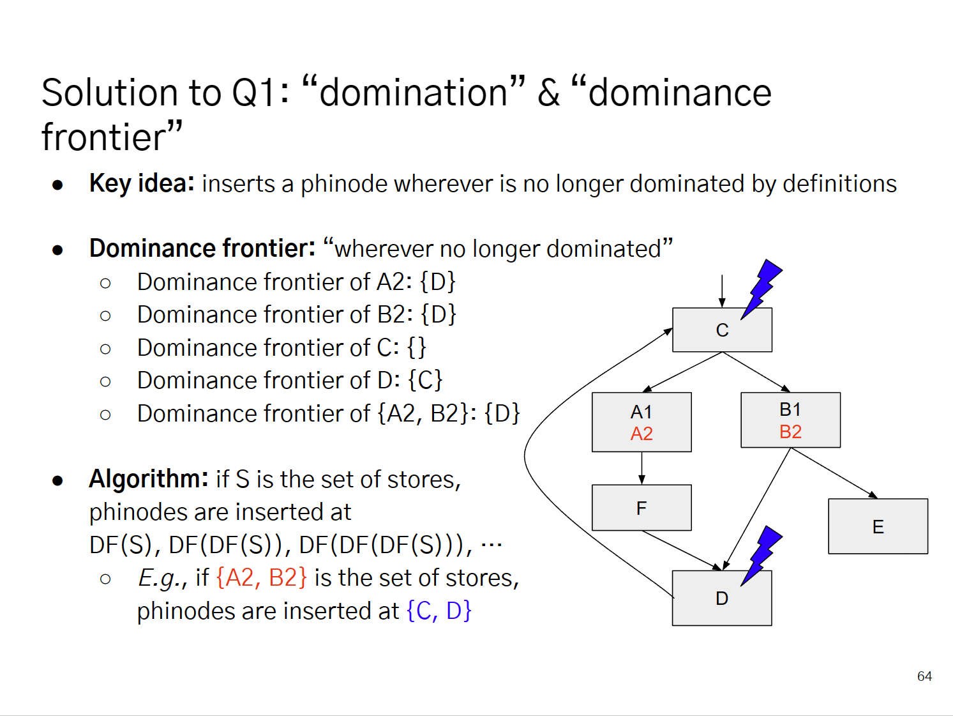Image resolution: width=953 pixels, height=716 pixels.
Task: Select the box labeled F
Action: tap(642, 508)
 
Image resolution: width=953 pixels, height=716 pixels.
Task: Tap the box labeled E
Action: tap(878, 526)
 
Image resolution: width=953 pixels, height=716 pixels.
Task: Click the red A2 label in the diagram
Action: tap(642, 434)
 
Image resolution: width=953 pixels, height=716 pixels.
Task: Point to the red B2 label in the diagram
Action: tap(790, 432)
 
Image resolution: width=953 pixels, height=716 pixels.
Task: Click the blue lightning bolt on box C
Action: tap(762, 288)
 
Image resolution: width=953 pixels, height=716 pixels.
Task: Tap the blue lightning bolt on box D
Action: tap(762, 554)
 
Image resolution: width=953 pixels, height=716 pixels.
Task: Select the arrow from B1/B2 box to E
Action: tap(834, 473)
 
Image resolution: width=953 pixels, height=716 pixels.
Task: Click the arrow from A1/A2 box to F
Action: tap(642, 468)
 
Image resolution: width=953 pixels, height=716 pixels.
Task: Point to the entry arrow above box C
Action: tap(722, 291)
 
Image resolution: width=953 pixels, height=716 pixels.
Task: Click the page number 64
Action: tap(924, 676)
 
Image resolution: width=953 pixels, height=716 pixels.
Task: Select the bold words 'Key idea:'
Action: tap(142, 183)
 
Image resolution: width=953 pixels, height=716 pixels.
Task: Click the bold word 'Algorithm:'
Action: tap(149, 478)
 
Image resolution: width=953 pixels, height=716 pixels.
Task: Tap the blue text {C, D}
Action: tap(439, 611)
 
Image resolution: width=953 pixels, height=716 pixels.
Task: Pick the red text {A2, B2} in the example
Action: tap(261, 577)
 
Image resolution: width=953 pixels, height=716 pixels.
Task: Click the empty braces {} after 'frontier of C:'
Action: tap(417, 347)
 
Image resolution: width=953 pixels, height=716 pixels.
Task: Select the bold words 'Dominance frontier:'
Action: tap(202, 248)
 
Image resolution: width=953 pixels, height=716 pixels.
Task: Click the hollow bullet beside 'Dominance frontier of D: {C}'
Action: tap(105, 381)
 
